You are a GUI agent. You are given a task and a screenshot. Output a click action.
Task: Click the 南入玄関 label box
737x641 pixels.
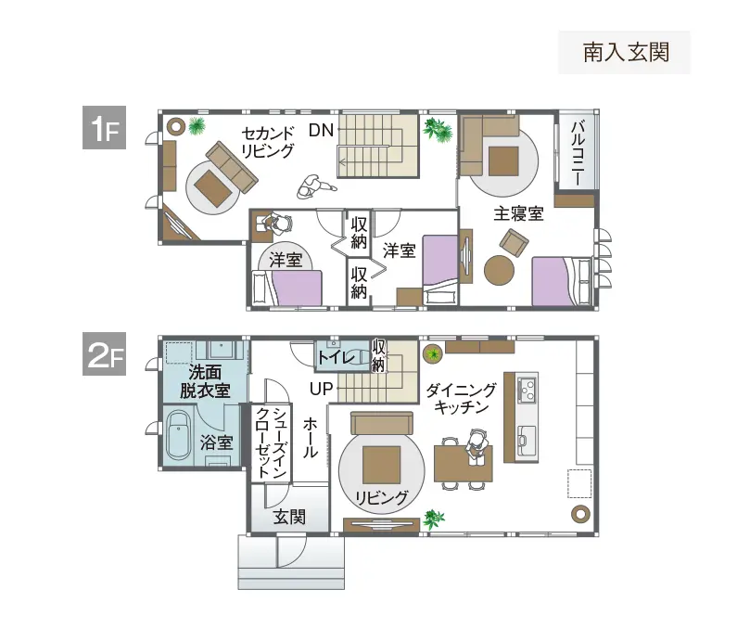tap(625, 53)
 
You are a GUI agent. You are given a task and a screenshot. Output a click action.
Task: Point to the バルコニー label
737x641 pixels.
tap(576, 152)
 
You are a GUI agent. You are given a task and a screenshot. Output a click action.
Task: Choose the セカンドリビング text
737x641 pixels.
tap(268, 140)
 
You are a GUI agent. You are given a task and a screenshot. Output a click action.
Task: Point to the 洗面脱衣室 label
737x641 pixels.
tap(205, 382)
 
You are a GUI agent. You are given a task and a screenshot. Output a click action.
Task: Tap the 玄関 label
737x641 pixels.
tap(289, 517)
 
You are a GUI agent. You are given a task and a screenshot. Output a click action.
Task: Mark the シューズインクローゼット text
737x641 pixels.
tap(272, 442)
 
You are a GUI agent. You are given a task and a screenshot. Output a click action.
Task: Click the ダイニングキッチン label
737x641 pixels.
tap(462, 399)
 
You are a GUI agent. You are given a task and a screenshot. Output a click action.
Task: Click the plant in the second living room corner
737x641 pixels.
tap(197, 125)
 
